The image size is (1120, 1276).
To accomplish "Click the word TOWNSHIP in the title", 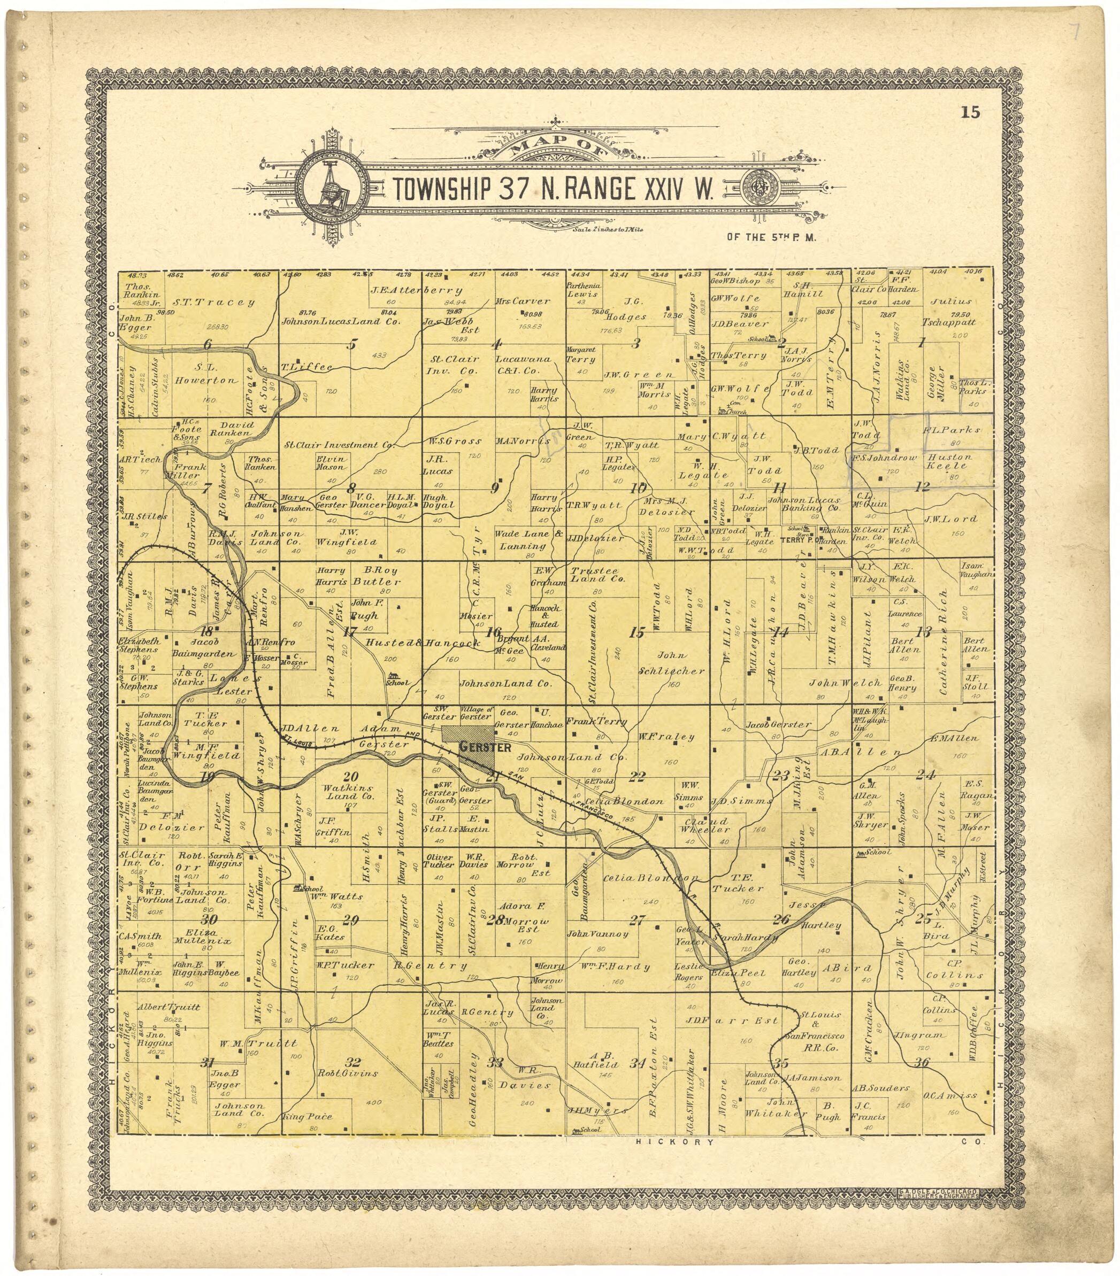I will [441, 190].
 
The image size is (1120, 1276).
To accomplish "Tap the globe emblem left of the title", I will [331, 187].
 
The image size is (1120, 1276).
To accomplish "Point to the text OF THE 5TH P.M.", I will [771, 237].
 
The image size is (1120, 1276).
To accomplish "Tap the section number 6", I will [208, 344].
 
